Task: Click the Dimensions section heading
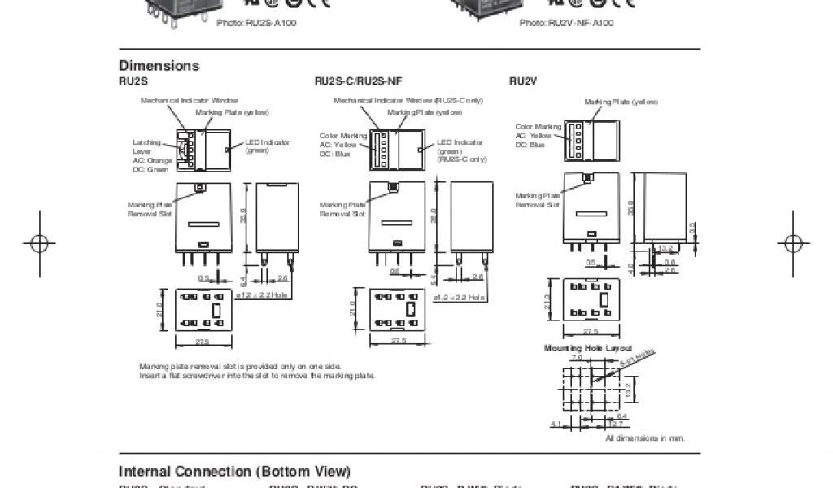pos(159,66)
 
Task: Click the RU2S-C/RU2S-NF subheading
pos(358,81)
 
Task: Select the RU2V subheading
pos(523,81)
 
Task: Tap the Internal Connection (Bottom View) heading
pos(235,472)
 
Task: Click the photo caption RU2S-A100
pos(256,23)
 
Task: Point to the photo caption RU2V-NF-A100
pos(566,23)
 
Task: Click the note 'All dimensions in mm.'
pos(645,438)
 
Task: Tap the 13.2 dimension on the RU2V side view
pos(664,248)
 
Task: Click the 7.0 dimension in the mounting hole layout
pos(577,357)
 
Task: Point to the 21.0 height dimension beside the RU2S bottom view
pos(160,310)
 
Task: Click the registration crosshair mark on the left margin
pos(38,242)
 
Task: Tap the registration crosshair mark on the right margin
pos(793,242)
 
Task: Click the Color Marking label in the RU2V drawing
pos(538,126)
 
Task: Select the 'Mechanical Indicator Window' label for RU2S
pos(190,100)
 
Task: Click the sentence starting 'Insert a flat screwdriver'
pos(257,375)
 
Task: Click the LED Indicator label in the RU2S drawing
pos(268,142)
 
